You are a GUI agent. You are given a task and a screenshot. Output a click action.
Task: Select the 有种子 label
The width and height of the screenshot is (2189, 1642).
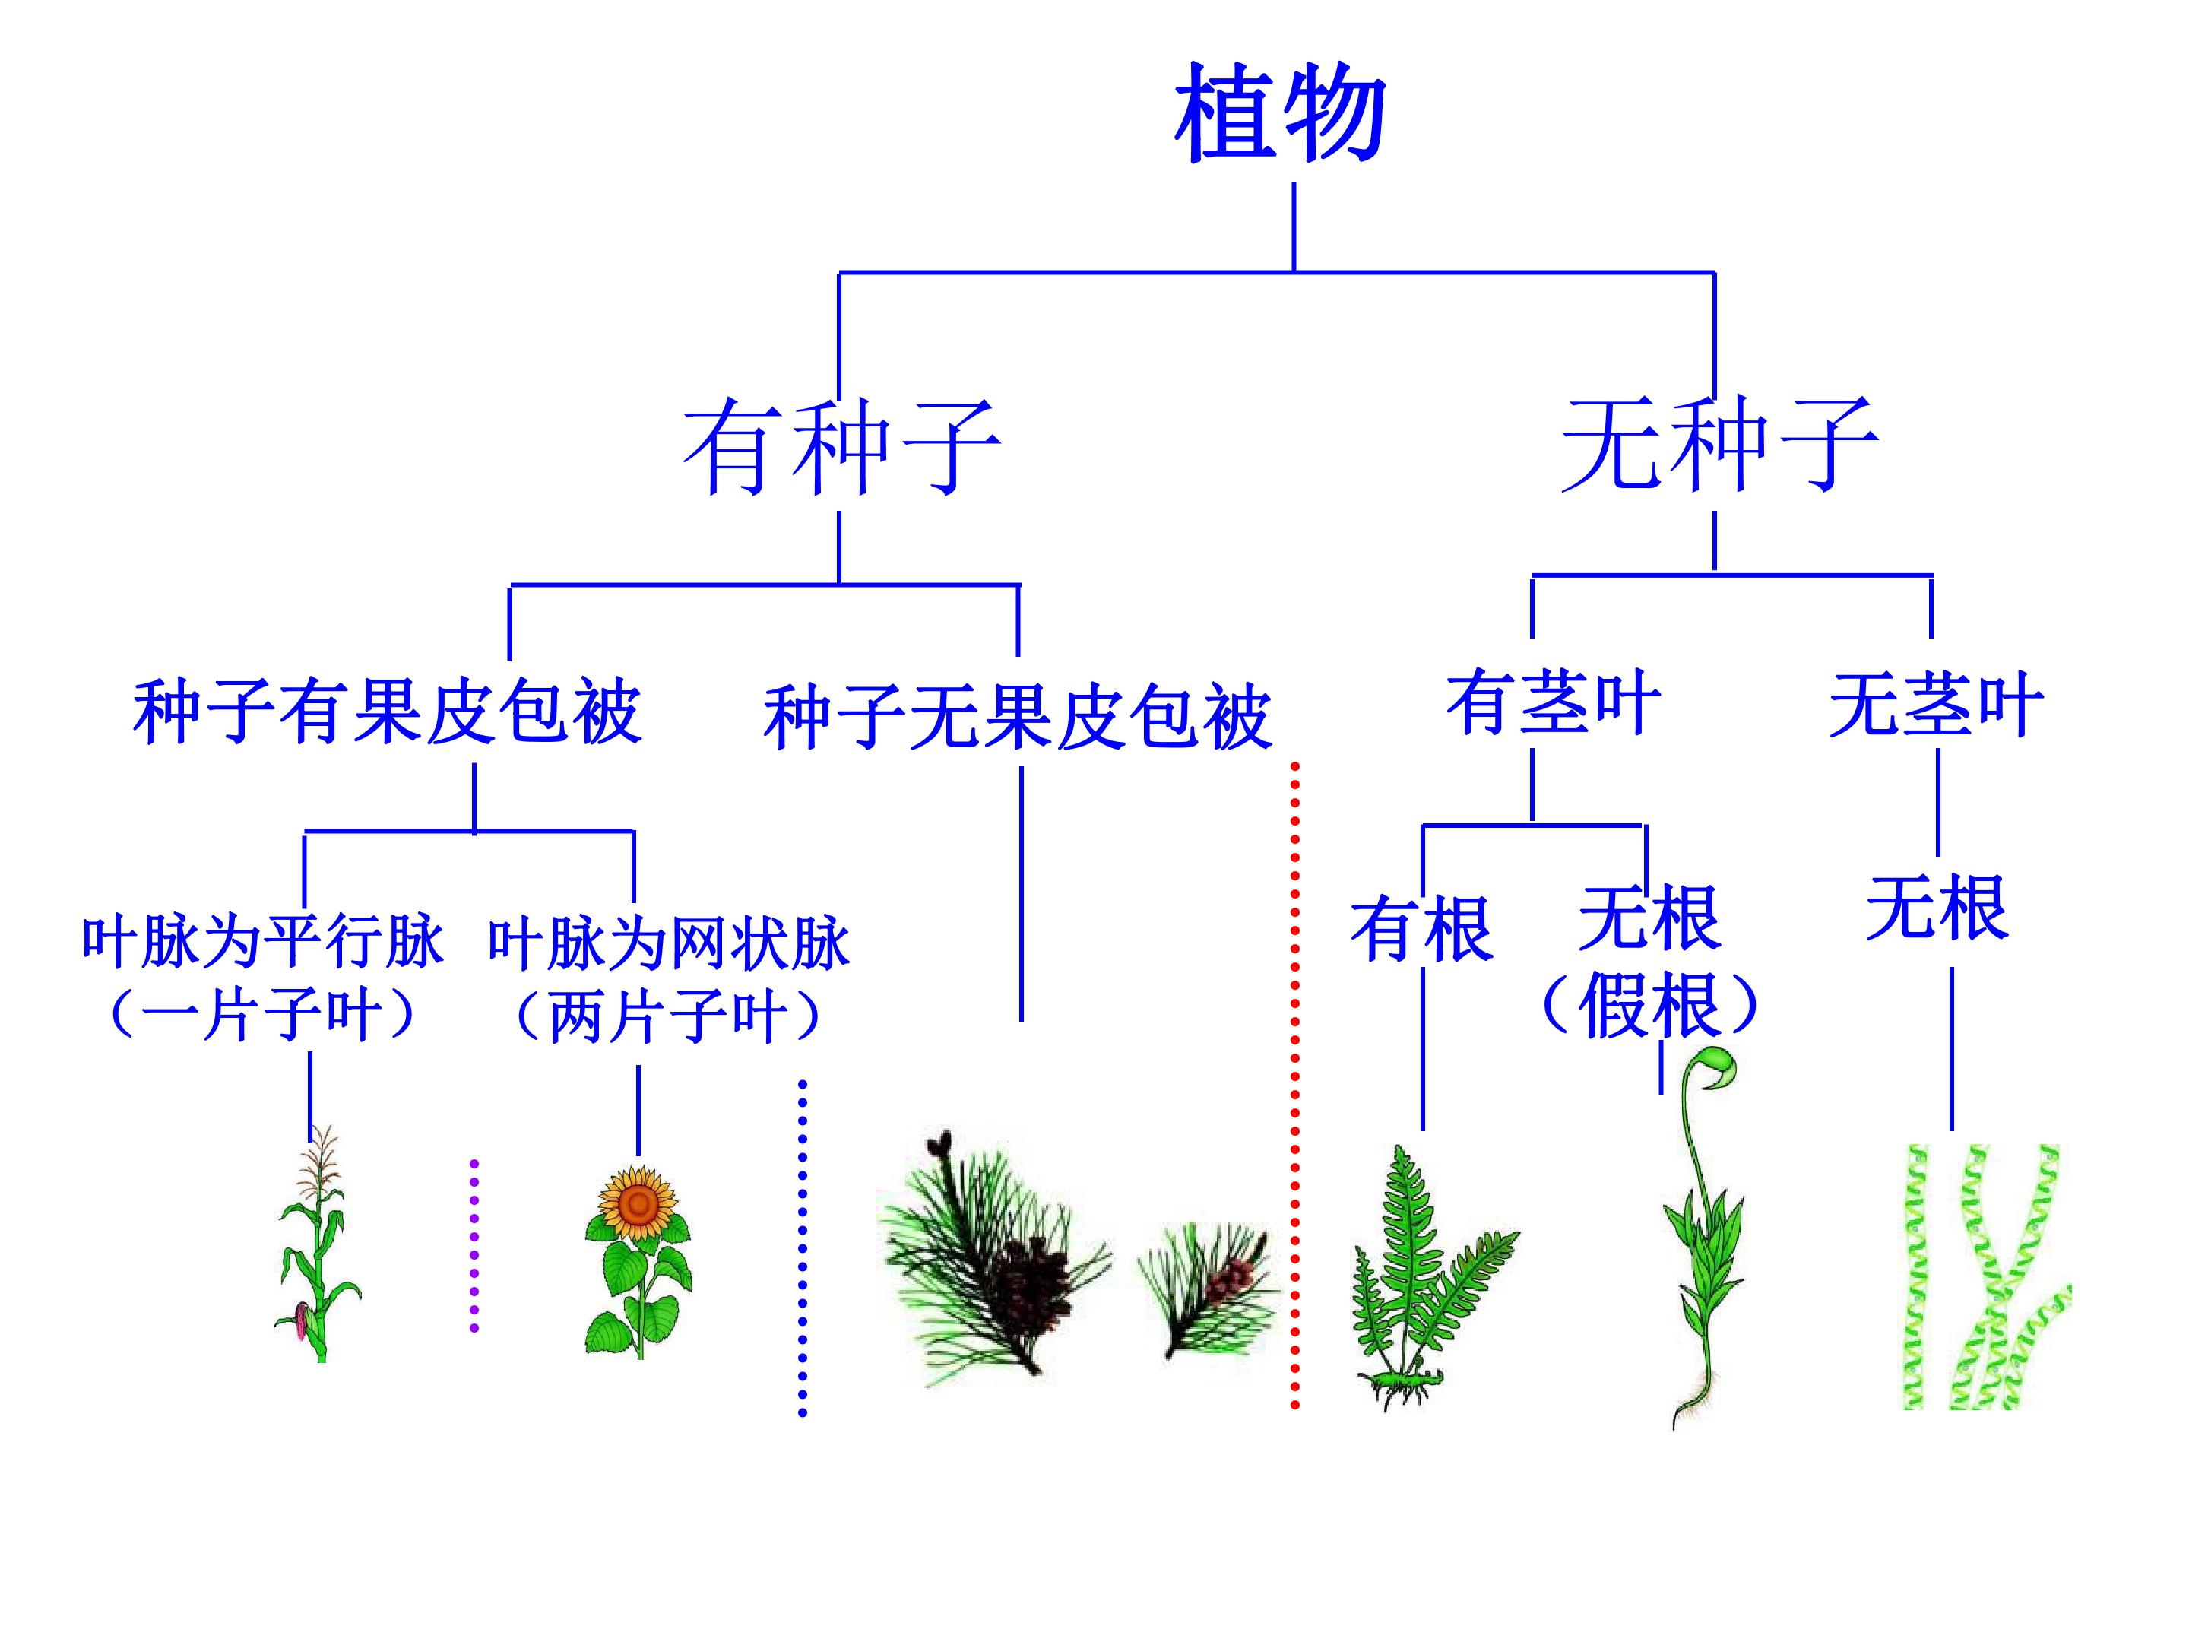(x=841, y=446)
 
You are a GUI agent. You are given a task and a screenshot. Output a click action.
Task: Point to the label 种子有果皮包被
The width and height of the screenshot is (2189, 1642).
(x=387, y=711)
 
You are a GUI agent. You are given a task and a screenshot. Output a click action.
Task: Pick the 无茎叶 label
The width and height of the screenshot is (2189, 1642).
(x=1937, y=705)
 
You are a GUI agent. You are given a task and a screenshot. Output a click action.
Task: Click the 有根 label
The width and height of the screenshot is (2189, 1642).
(x=1422, y=928)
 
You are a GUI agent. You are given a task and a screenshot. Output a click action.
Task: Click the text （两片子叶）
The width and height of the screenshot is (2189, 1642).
(x=669, y=1016)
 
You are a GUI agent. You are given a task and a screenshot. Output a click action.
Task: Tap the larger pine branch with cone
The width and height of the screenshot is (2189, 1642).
(x=993, y=1257)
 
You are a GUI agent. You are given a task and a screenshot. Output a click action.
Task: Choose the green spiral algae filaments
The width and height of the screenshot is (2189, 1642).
(x=1987, y=1277)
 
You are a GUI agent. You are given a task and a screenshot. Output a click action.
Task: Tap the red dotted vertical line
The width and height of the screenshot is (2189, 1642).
(x=1294, y=1084)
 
